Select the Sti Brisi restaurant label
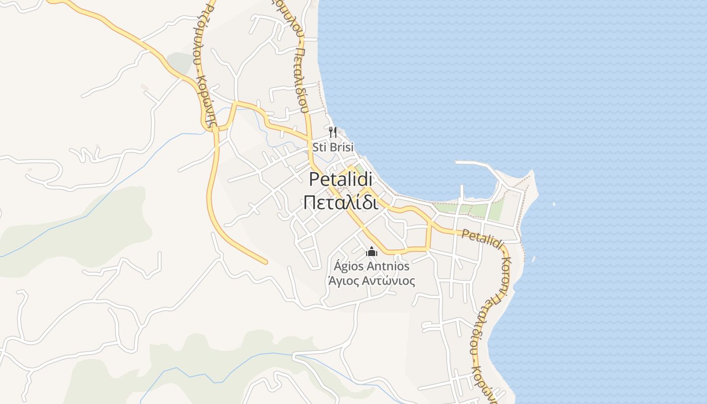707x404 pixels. click(x=333, y=147)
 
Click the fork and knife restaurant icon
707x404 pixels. click(x=332, y=132)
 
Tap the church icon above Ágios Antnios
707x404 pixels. click(x=372, y=251)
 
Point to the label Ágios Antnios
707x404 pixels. click(x=372, y=266)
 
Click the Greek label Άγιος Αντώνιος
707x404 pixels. click(x=372, y=281)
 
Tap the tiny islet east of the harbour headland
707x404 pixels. click(x=554, y=204)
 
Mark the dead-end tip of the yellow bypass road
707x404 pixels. click(x=265, y=262)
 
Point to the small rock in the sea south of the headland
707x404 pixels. click(x=533, y=259)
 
